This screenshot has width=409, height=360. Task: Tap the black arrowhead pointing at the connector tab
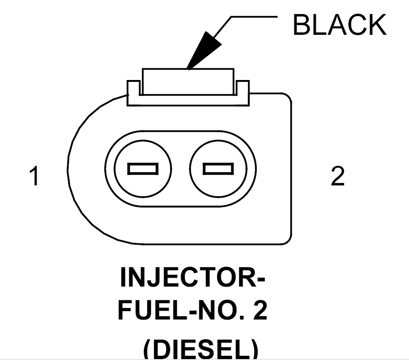(x=202, y=52)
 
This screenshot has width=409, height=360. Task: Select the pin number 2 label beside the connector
(x=338, y=176)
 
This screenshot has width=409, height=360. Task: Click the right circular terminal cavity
(x=218, y=168)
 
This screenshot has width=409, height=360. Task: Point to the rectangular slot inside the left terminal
(x=142, y=168)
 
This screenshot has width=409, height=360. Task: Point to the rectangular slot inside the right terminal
(x=218, y=168)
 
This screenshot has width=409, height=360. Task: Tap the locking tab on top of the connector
(x=188, y=80)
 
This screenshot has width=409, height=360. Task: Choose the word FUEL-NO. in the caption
(x=179, y=311)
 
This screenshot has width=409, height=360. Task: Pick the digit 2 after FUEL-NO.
(x=259, y=311)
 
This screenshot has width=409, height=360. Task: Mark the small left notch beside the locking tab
(x=133, y=87)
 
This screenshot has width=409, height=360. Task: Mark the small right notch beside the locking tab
(x=243, y=87)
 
